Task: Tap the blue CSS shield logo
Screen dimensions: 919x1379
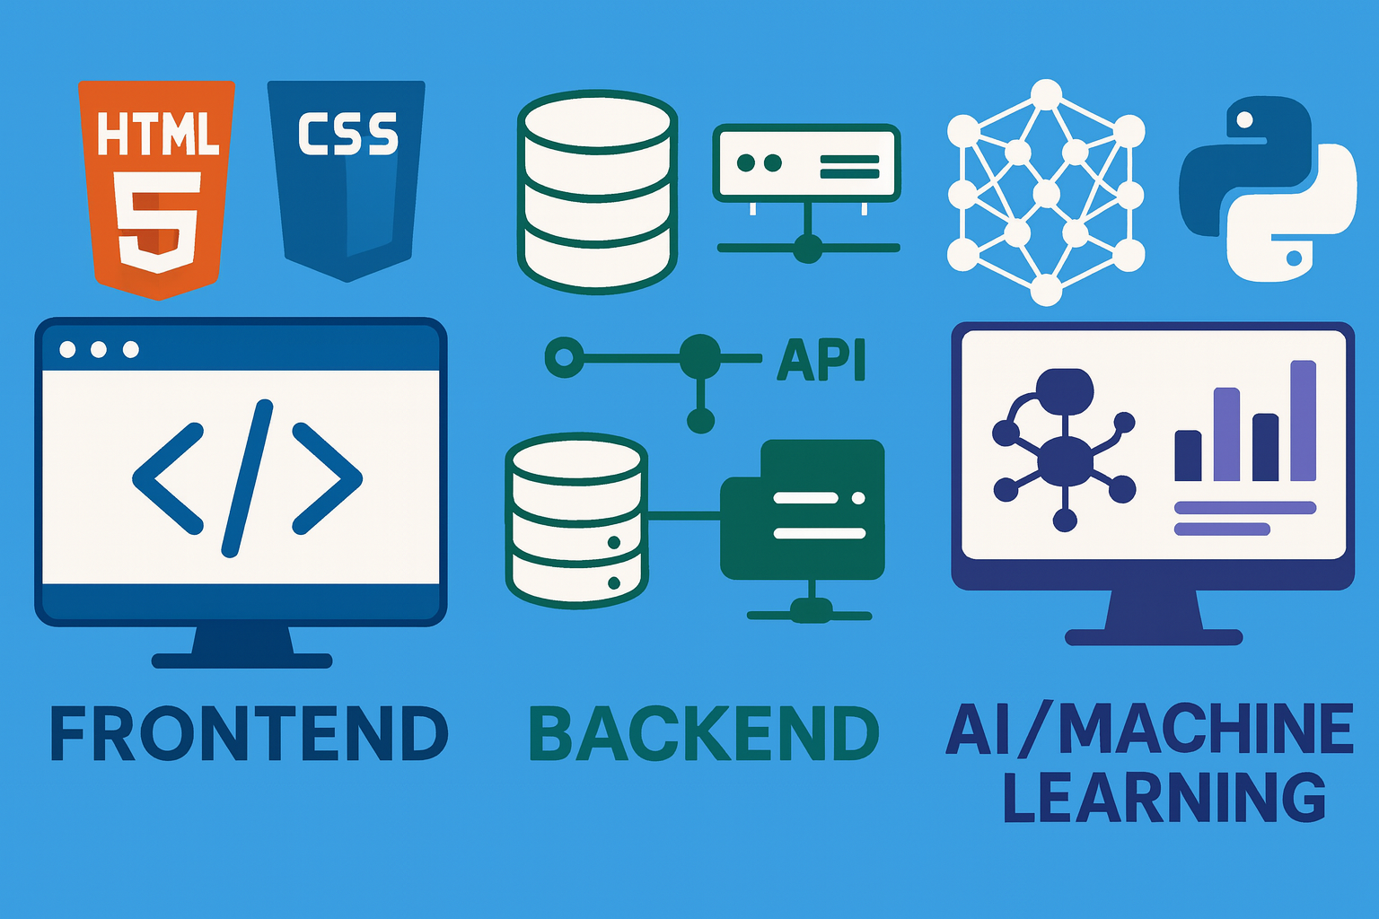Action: coord(347,179)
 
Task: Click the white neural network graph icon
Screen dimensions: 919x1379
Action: coord(1046,193)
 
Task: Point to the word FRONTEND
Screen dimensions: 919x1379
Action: coord(249,733)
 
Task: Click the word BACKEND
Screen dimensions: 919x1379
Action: coord(704,733)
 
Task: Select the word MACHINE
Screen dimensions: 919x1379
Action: coord(1206,729)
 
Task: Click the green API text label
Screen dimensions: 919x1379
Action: coord(821,360)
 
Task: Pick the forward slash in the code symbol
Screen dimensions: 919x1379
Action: coord(247,478)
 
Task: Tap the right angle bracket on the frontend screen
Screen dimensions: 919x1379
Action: coord(327,478)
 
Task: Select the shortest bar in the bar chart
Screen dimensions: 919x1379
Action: coord(1188,455)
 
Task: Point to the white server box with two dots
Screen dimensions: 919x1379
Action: coord(806,162)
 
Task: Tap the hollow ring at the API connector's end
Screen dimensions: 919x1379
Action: coord(564,358)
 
